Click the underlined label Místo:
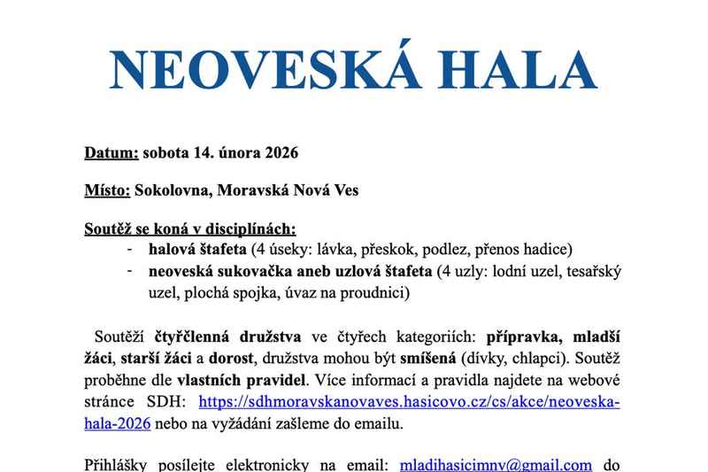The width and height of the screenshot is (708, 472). [x=107, y=190]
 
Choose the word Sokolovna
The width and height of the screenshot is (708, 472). [x=172, y=190]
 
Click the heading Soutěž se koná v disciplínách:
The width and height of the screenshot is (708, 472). [x=189, y=228]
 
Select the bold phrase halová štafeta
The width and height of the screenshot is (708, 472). [x=198, y=248]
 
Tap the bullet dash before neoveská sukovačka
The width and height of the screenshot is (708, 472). [x=130, y=270]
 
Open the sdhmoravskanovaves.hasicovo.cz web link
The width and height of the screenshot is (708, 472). [x=409, y=402]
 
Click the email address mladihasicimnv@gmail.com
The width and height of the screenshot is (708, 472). [x=496, y=464]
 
